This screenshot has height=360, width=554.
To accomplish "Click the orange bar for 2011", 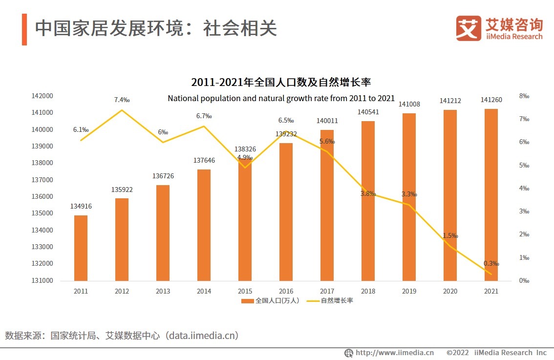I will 81,248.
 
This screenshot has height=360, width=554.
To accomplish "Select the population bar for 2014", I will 204,225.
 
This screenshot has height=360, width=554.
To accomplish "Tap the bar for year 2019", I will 409,197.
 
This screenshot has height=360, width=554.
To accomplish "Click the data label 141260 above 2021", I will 491,100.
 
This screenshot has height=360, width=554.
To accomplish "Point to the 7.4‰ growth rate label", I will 122,100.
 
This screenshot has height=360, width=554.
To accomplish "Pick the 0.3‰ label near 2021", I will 491,263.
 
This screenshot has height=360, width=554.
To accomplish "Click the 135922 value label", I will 122,190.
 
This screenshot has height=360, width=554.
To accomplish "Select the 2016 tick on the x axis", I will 286,291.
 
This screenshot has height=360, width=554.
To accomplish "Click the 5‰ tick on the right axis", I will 524,165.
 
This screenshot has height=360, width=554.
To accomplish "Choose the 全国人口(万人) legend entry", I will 271,301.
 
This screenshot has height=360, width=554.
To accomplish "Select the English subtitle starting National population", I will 281,98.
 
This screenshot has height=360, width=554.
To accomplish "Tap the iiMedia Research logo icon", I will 468,28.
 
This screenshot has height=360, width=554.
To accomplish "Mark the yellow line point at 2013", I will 163,142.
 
